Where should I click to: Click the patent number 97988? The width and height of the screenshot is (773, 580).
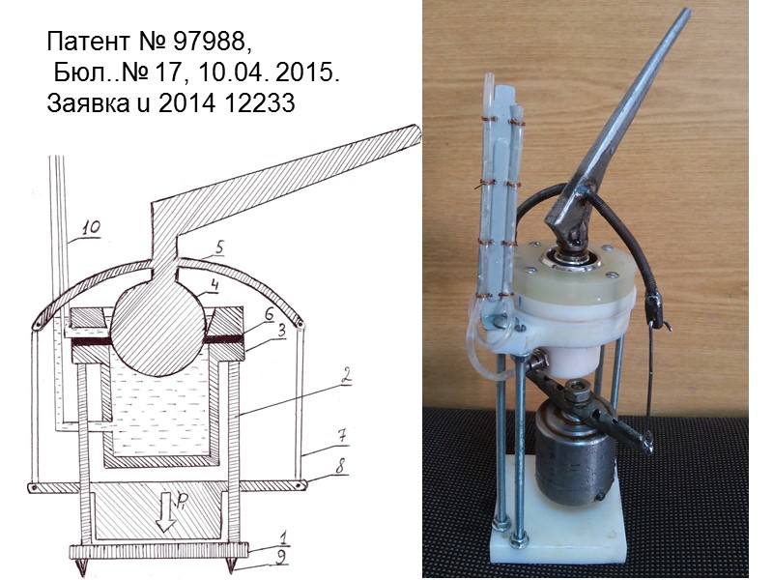coord(209,42)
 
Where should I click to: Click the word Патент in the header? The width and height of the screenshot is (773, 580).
coord(88,42)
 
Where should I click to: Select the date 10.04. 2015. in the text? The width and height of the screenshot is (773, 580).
coord(269,73)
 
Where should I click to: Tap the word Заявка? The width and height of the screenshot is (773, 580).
coord(89,103)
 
